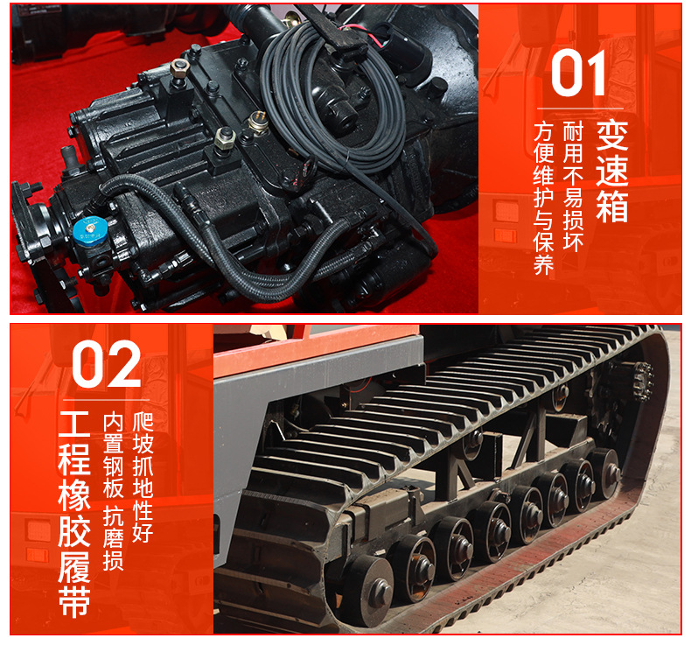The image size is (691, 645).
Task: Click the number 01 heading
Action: [579, 74]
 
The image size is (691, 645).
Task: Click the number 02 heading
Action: [106, 364]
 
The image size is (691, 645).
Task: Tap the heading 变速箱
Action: [611, 172]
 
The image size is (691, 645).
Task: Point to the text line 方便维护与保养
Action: [543, 199]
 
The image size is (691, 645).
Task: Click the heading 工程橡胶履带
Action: [74, 514]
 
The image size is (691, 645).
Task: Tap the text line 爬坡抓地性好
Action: [143, 478]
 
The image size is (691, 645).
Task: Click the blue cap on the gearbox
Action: [90, 231]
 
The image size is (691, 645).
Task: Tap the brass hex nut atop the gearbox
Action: [179, 68]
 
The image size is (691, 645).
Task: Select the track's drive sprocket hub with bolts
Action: [643, 381]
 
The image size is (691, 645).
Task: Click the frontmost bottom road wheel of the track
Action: [366, 590]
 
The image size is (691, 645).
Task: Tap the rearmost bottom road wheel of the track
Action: [607, 473]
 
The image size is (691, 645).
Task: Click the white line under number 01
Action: [580, 109]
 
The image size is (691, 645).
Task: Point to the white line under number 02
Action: [106, 400]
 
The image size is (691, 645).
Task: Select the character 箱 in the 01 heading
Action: [611, 207]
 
